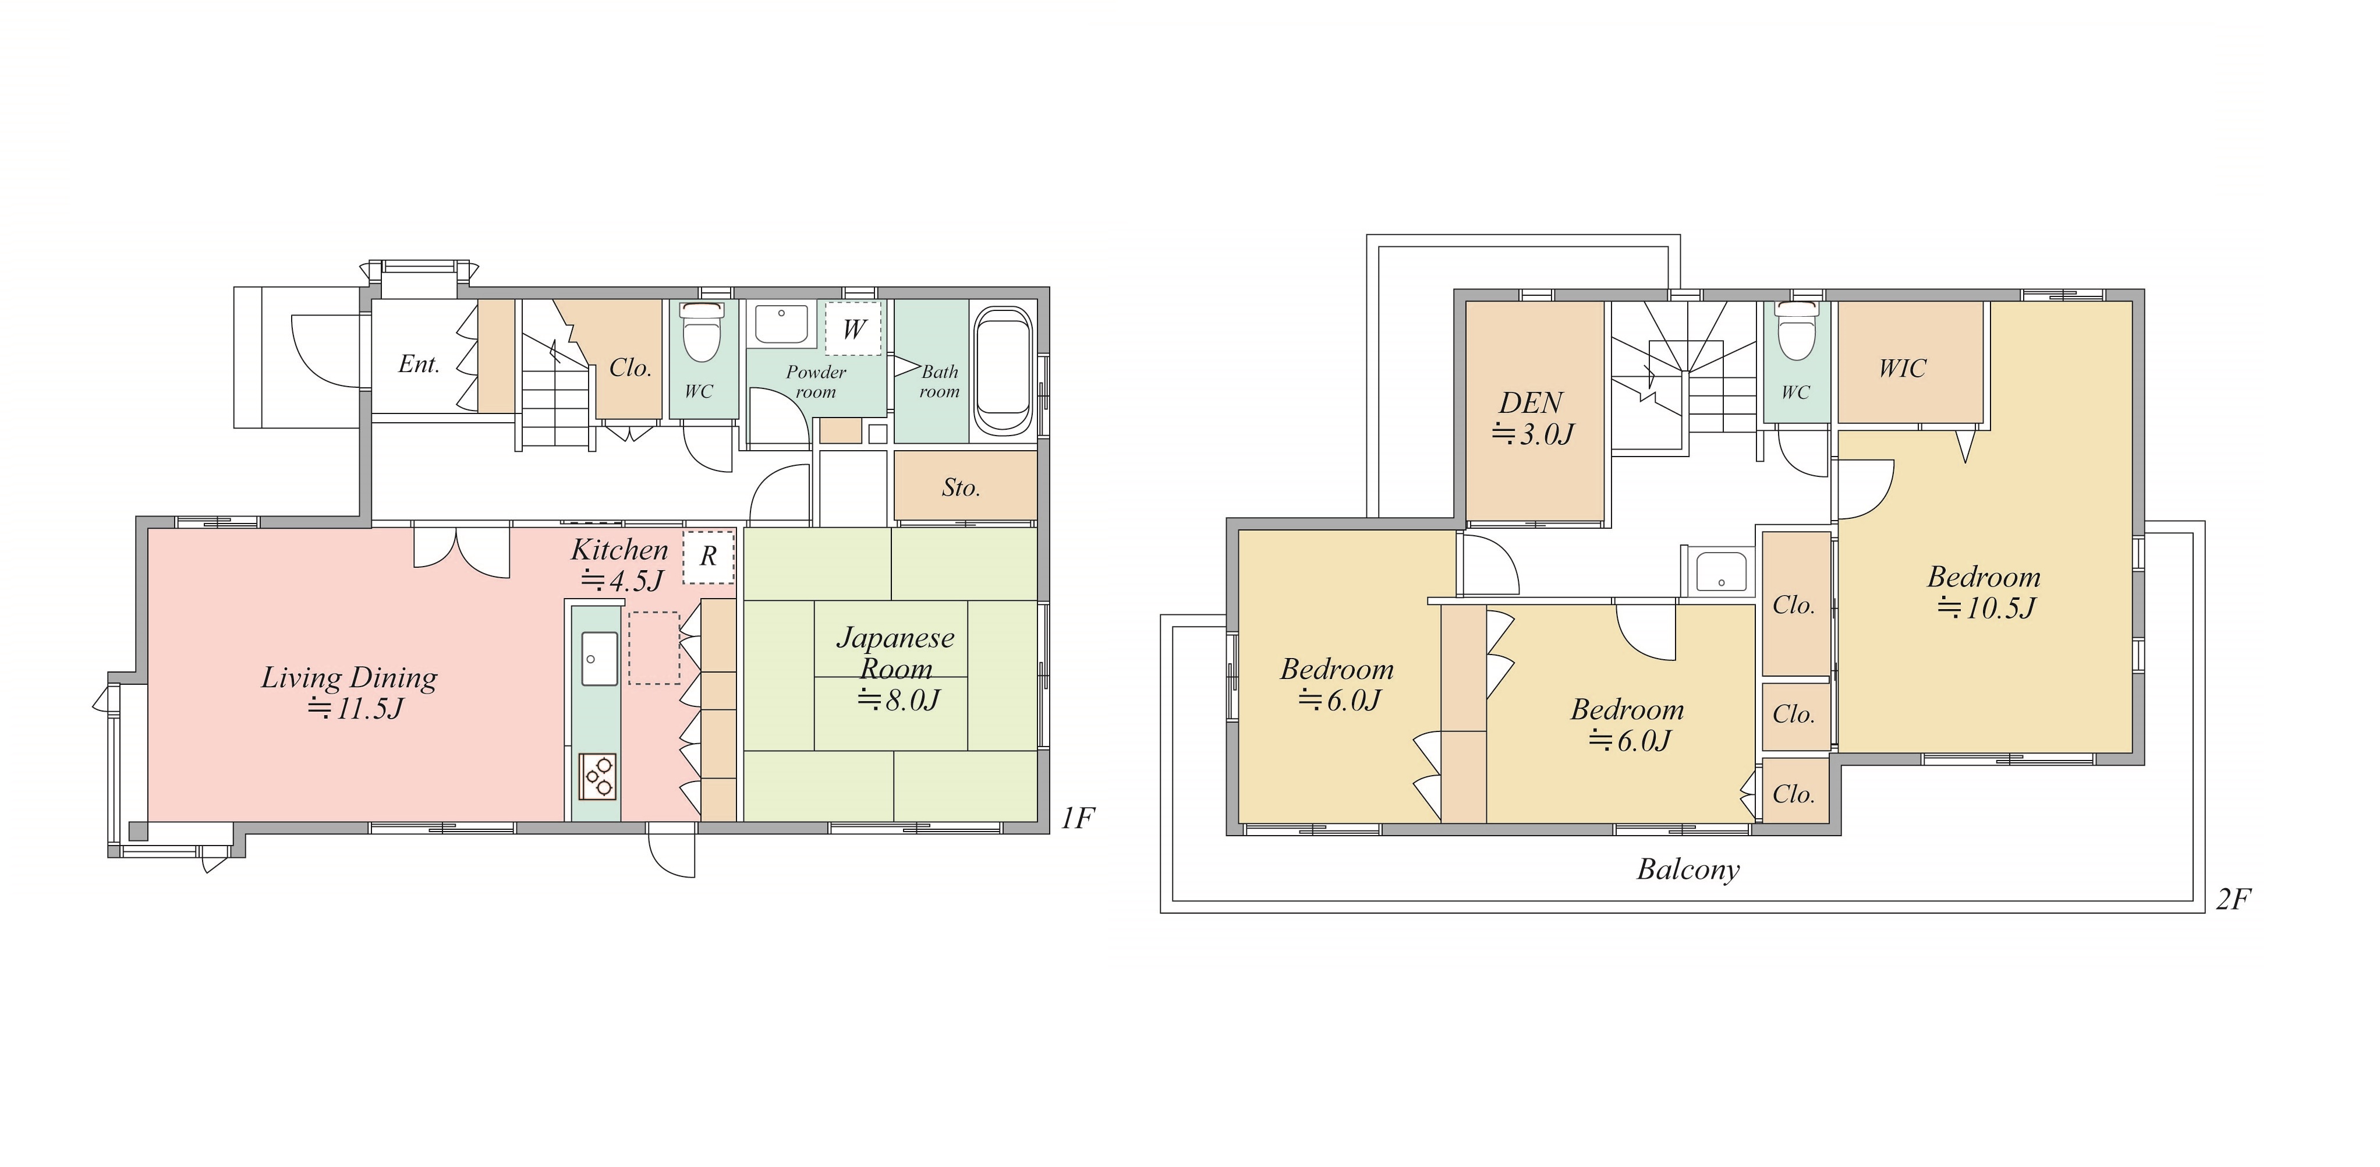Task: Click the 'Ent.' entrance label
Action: click(x=419, y=364)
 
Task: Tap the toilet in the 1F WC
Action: click(x=700, y=333)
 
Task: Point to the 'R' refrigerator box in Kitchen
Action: click(x=709, y=556)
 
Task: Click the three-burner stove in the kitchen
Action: click(x=597, y=776)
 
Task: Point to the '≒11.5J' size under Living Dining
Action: click(x=356, y=709)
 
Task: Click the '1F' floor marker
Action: click(x=1077, y=818)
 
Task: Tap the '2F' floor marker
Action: click(x=2233, y=899)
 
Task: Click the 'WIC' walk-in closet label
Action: click(x=1903, y=369)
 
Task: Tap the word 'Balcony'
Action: click(x=1688, y=869)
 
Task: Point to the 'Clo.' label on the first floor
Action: click(x=630, y=368)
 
